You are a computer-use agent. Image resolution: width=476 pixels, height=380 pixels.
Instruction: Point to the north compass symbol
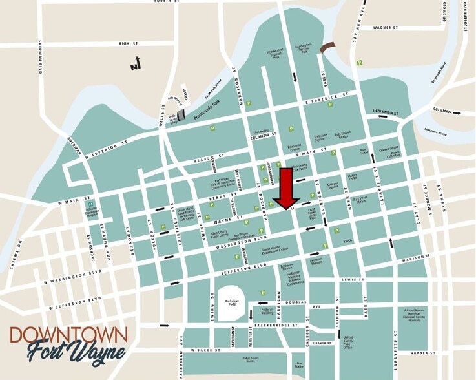(135, 63)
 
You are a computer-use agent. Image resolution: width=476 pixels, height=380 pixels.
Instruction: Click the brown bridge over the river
(329, 47)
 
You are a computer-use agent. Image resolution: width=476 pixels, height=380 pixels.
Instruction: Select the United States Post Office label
(347, 342)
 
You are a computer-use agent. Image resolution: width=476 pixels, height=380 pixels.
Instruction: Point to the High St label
(129, 44)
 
